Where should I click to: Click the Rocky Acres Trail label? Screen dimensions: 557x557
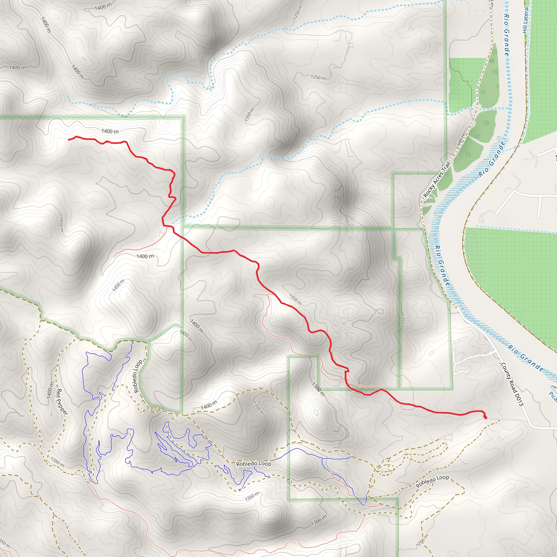click(437, 180)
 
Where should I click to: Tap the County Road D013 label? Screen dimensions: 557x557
click(512, 384)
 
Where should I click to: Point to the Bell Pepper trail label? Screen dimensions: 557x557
click(62, 402)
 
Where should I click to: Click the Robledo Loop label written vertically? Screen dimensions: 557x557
click(138, 376)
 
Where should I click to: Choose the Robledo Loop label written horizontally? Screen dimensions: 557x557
click(253, 464)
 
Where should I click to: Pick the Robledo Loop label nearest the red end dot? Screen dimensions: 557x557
click(432, 481)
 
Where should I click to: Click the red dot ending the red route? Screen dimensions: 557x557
click(485, 417)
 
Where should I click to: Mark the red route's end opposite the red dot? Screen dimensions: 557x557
click(69, 140)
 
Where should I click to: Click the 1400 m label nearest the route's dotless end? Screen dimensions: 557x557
click(110, 131)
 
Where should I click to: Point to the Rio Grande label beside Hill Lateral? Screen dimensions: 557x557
click(506, 35)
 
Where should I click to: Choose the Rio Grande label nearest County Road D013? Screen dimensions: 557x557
click(525, 358)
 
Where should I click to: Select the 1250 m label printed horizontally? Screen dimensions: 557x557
click(318, 77)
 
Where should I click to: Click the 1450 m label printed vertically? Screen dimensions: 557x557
click(61, 225)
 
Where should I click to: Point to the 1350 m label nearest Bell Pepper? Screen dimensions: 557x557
click(57, 462)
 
